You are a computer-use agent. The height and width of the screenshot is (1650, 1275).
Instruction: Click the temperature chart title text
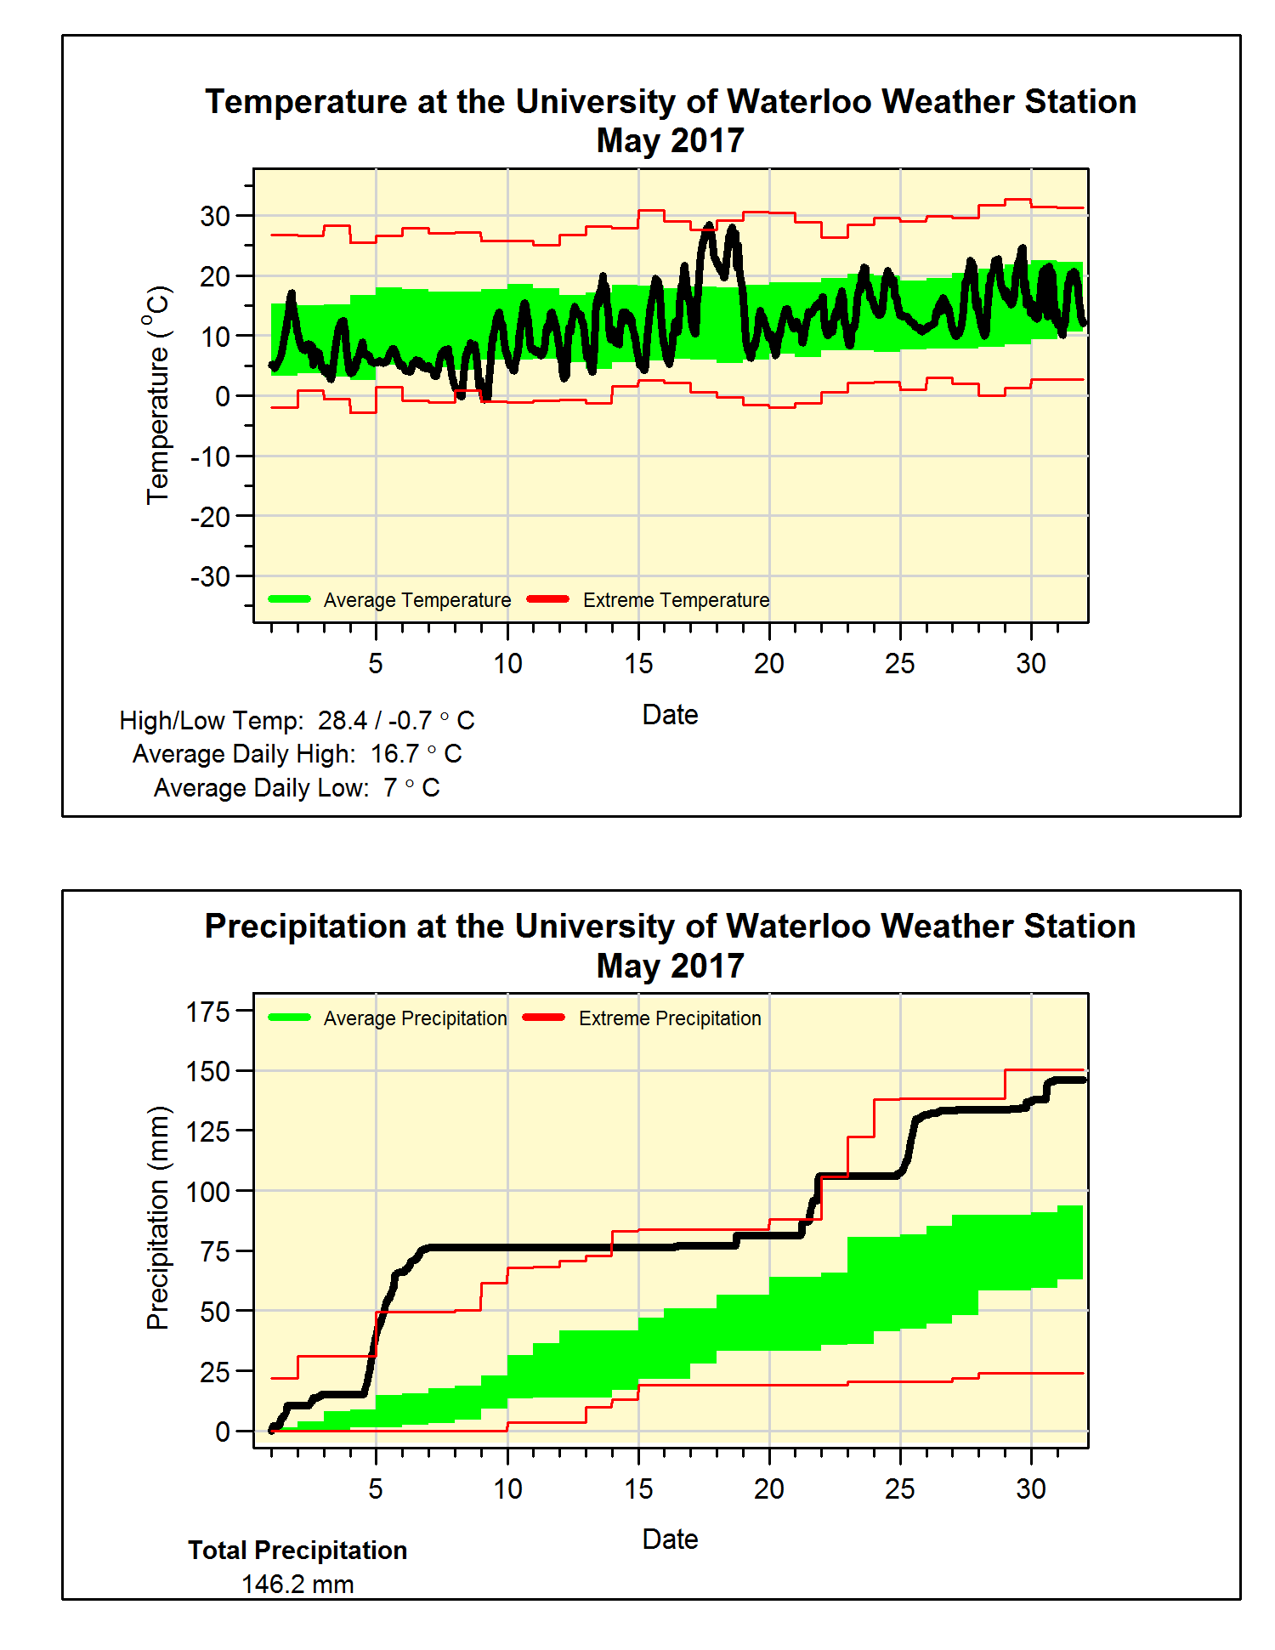point(670,120)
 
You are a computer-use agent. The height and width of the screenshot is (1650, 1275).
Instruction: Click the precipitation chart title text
point(670,945)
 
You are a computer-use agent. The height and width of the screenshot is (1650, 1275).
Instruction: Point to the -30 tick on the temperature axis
point(210,576)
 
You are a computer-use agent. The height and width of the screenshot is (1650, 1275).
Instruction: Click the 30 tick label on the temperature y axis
point(215,216)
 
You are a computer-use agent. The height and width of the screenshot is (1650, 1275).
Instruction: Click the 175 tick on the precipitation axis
point(208,1012)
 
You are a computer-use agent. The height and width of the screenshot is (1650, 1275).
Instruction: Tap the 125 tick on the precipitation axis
point(208,1131)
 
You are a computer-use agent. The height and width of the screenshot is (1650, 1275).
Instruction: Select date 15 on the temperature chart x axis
point(638,664)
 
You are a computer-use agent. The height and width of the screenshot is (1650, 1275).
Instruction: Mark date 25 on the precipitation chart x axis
point(900,1488)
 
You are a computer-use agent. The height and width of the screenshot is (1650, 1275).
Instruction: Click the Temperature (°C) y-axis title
point(158,395)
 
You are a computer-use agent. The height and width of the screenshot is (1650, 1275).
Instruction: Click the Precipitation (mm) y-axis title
point(158,1217)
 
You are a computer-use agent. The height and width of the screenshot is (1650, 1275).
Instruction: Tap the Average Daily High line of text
point(297,754)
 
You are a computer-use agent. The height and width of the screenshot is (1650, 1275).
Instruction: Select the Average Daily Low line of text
point(297,788)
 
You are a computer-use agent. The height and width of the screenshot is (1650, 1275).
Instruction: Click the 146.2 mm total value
point(297,1585)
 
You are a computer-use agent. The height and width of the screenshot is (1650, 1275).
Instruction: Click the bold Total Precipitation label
point(297,1551)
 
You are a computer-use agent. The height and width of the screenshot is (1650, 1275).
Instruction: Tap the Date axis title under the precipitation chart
point(670,1539)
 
